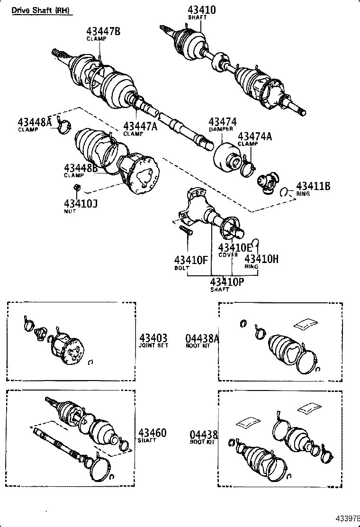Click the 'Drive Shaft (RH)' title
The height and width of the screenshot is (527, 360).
[42, 10]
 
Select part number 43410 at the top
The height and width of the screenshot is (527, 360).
[201, 9]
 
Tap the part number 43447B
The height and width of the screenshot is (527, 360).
[103, 31]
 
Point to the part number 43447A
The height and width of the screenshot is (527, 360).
[140, 126]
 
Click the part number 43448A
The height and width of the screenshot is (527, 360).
[34, 122]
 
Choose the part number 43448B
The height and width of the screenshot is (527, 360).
[81, 168]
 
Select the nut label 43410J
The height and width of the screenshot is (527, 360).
[80, 204]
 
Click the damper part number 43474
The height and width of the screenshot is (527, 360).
[222, 122]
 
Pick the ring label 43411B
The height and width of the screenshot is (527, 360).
[313, 186]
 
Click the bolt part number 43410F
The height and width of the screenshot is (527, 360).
[191, 260]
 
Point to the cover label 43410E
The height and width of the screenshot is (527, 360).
[235, 247]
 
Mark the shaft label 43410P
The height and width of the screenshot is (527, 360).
[227, 282]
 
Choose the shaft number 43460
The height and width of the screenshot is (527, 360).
[153, 433]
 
